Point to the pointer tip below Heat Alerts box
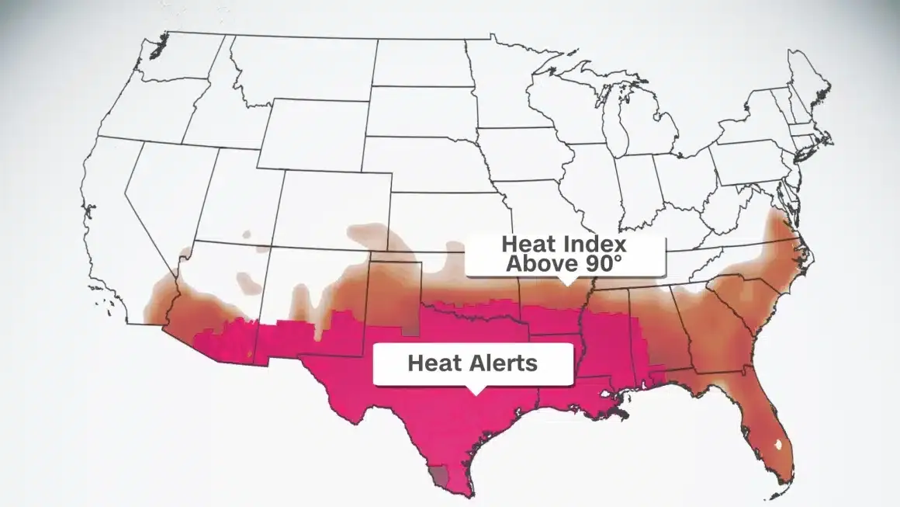pyautogui.click(x=474, y=391)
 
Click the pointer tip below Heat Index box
pyautogui.click(x=567, y=283)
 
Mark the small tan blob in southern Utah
pyautogui.click(x=247, y=233)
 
